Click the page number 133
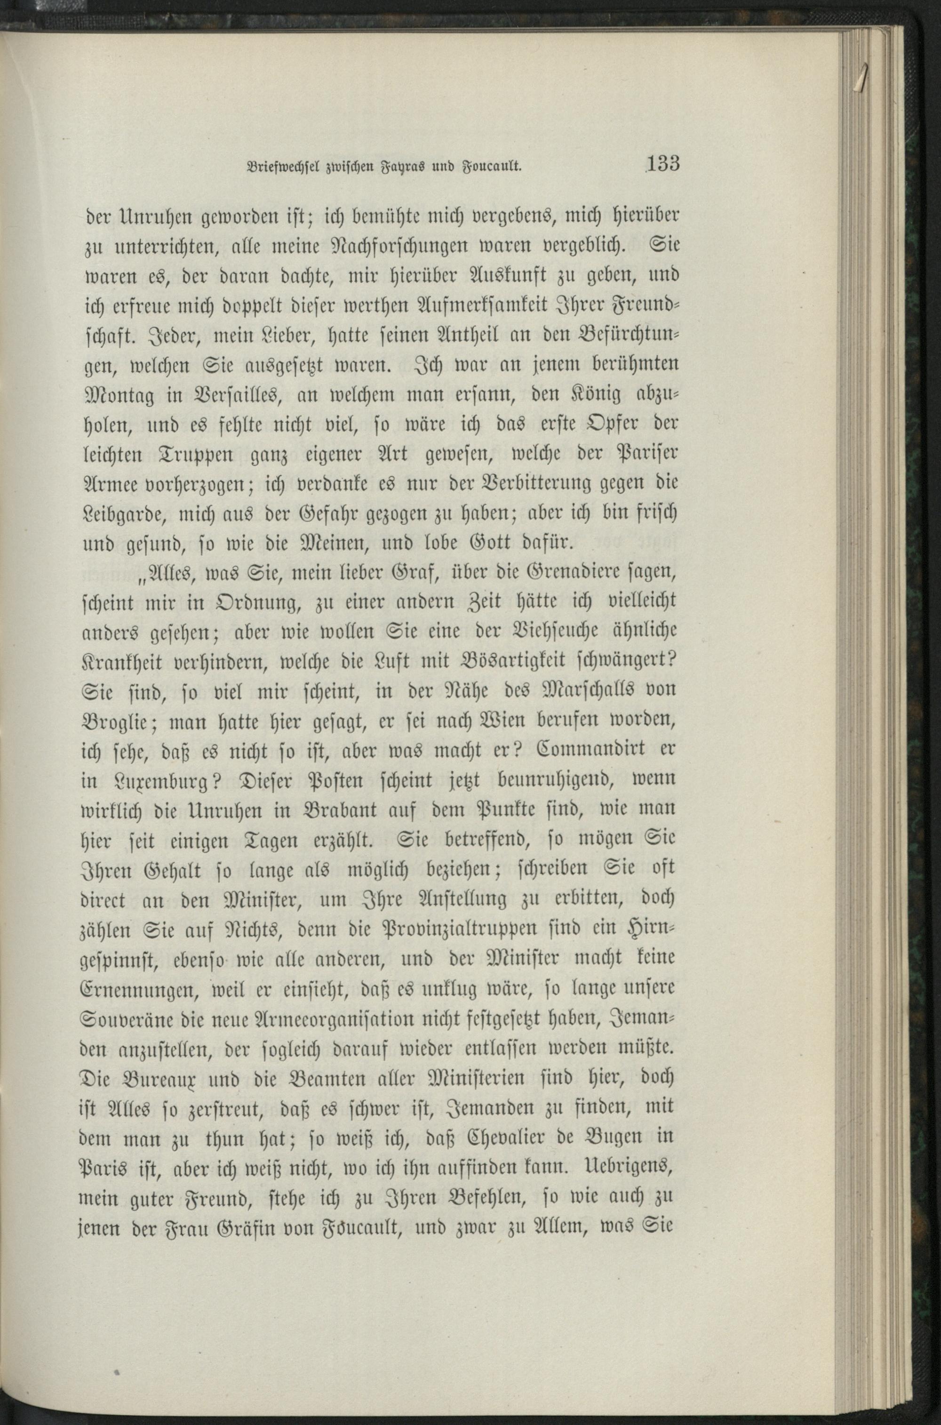click(663, 163)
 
